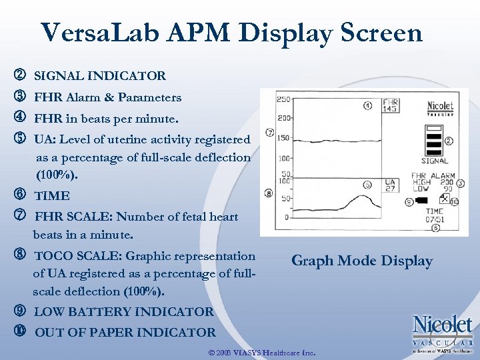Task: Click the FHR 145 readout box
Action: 390,105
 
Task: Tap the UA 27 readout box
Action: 390,185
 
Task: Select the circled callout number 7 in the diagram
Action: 269,133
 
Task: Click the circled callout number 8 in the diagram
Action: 269,193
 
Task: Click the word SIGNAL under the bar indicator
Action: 435,161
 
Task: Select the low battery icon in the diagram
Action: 426,200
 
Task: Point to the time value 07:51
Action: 434,219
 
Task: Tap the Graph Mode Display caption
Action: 362,261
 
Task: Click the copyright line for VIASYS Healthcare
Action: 262,351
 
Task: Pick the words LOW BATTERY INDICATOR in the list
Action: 124,311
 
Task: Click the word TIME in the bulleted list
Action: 52,196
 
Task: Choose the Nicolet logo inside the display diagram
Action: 439,107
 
